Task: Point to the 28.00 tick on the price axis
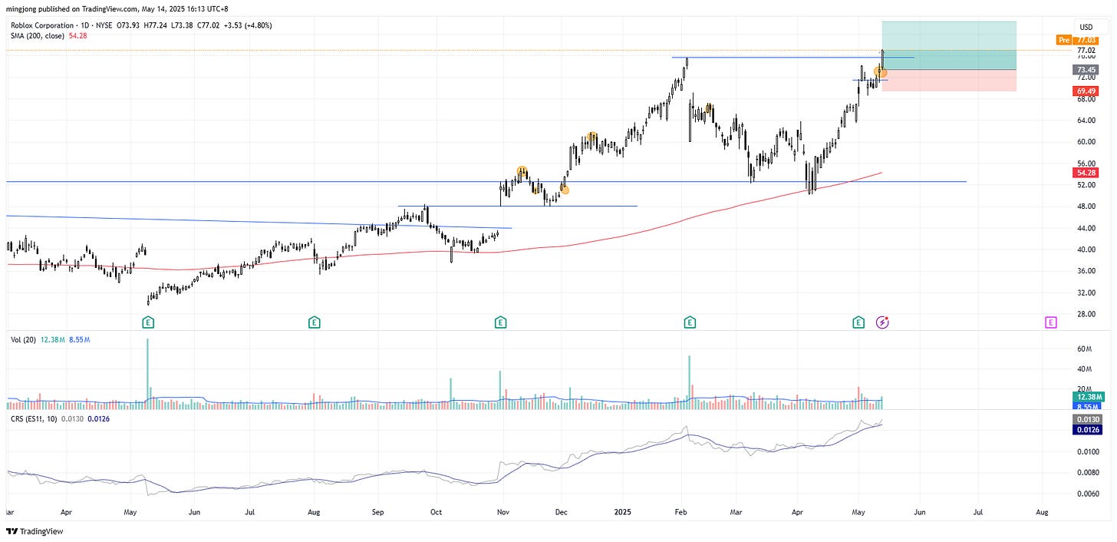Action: point(1084,314)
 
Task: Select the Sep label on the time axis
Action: point(377,511)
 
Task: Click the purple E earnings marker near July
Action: point(1051,322)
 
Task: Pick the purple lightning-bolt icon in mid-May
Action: point(882,322)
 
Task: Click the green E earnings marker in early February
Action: point(690,322)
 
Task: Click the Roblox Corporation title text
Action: point(45,25)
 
